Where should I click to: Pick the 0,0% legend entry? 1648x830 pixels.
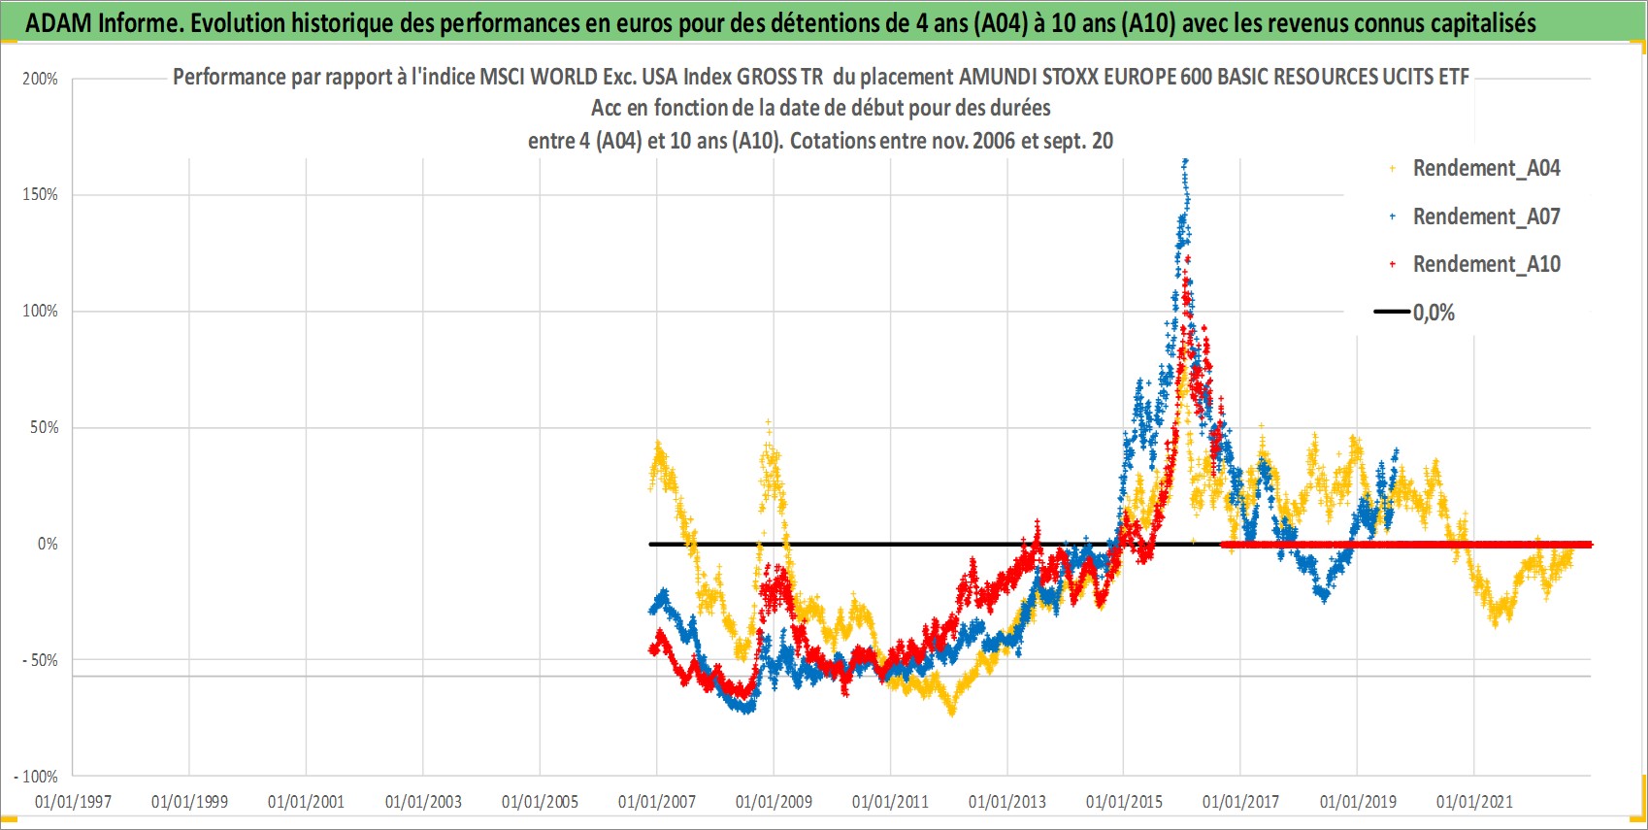click(x=1414, y=313)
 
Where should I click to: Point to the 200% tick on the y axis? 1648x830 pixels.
click(x=40, y=79)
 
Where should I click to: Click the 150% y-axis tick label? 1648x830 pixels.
click(x=40, y=194)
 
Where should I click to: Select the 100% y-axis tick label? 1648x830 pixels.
click(x=40, y=311)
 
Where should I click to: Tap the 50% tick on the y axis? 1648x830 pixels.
click(x=44, y=427)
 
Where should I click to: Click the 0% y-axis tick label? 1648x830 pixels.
click(x=48, y=544)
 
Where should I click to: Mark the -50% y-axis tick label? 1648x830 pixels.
click(x=40, y=660)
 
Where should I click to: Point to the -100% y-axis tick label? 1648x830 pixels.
click(x=35, y=777)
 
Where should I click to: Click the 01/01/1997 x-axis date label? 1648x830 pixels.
click(x=73, y=801)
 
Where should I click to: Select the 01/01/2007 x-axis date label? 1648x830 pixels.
click(x=657, y=801)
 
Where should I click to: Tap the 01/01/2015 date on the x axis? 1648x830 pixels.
click(x=1124, y=801)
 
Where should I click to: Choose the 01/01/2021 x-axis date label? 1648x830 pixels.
click(x=1474, y=801)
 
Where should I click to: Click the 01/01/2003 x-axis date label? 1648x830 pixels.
click(x=423, y=801)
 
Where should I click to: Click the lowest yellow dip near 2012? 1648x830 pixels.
click(x=952, y=712)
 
